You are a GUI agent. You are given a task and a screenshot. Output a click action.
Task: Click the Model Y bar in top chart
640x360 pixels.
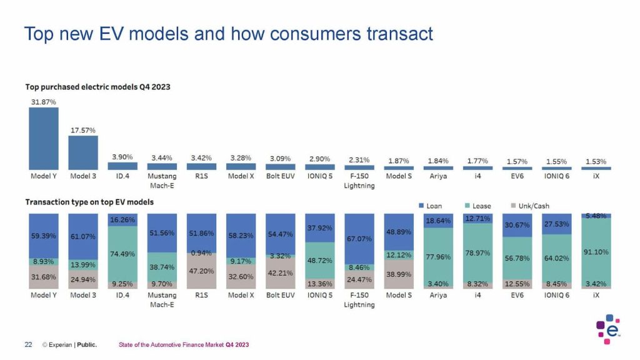tap(43, 138)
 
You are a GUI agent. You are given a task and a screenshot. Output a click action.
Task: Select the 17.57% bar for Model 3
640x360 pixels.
tap(82, 152)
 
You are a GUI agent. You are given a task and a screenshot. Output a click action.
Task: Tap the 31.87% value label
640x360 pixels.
tap(43, 101)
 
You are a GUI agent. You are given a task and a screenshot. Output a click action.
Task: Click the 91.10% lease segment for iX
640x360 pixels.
tap(596, 251)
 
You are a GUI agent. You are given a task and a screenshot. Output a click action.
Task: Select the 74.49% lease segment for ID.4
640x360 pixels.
tap(122, 253)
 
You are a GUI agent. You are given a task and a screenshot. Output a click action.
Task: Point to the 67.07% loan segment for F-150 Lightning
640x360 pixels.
tap(359, 238)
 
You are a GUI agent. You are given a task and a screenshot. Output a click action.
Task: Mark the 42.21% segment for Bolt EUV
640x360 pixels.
tap(280, 273)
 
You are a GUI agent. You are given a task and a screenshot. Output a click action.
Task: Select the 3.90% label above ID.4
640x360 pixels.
tap(122, 157)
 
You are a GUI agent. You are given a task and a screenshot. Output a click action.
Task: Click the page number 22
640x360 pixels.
tap(28, 344)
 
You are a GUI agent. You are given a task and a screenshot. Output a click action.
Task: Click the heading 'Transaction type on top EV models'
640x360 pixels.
tap(89, 202)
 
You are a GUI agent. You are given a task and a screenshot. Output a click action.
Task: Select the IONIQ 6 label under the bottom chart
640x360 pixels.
tap(556, 295)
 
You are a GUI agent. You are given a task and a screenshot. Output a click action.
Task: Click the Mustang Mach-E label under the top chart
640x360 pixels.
tap(162, 181)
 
